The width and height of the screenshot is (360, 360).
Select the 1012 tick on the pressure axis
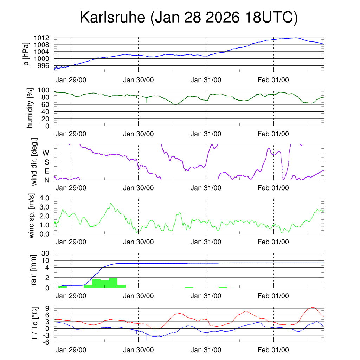pyautogui.click(x=44, y=38)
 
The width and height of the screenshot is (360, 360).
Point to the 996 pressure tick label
pyautogui.click(x=46, y=65)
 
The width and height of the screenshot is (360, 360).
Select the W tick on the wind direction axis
pyautogui.click(x=46, y=153)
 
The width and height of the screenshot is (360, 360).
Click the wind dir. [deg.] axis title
pyautogui.click(x=34, y=162)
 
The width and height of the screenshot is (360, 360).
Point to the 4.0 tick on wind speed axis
pyautogui.click(x=46, y=198)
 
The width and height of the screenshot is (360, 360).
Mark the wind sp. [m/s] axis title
pyautogui.click(x=32, y=216)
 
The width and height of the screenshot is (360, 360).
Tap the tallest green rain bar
pyautogui.click(x=113, y=283)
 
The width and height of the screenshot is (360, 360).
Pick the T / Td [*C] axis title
pyautogui.click(x=34, y=324)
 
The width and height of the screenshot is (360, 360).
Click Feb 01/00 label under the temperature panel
pyautogui.click(x=273, y=350)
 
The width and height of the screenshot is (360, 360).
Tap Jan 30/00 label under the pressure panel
pyautogui.click(x=139, y=80)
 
